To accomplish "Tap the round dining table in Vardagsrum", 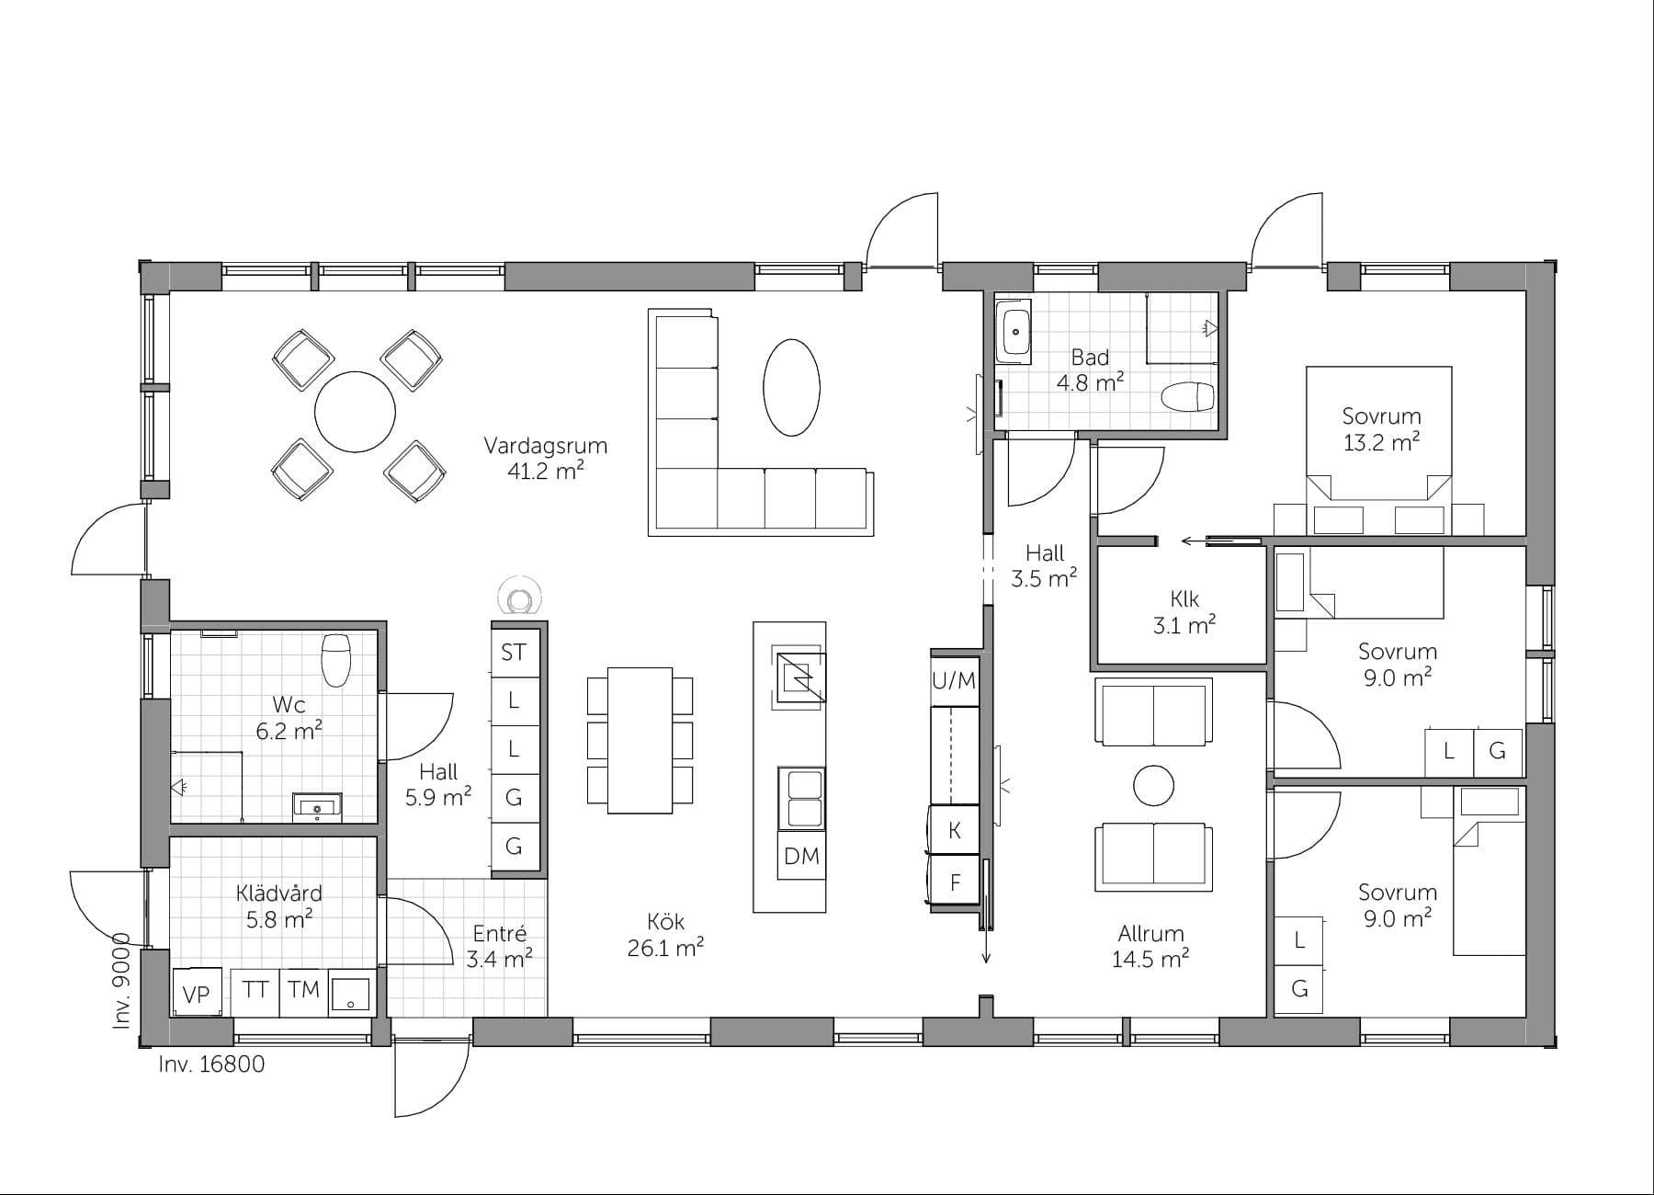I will pyautogui.click(x=355, y=411).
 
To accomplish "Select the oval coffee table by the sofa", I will pyautogui.click(x=791, y=387).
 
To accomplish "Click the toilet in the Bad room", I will pyautogui.click(x=1187, y=398).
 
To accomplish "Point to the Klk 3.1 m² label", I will pyautogui.click(x=1184, y=612).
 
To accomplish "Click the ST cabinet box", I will pyautogui.click(x=514, y=653).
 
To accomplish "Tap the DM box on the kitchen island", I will pyautogui.click(x=801, y=857).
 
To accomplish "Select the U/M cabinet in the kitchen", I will pyautogui.click(x=954, y=681).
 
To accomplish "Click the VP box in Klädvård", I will pyautogui.click(x=197, y=994).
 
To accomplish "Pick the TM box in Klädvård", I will pyautogui.click(x=303, y=990).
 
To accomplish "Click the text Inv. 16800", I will pyautogui.click(x=211, y=1064).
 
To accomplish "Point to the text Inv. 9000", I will pyautogui.click(x=122, y=981).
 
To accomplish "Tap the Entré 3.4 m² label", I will pyautogui.click(x=499, y=947).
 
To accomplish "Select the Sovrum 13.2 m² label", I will pyautogui.click(x=1381, y=429).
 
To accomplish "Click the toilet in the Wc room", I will pyautogui.click(x=336, y=658).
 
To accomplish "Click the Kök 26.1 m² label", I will pyautogui.click(x=665, y=935).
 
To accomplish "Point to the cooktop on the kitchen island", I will pyautogui.click(x=799, y=678).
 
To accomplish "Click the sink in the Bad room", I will pyautogui.click(x=1016, y=333).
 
